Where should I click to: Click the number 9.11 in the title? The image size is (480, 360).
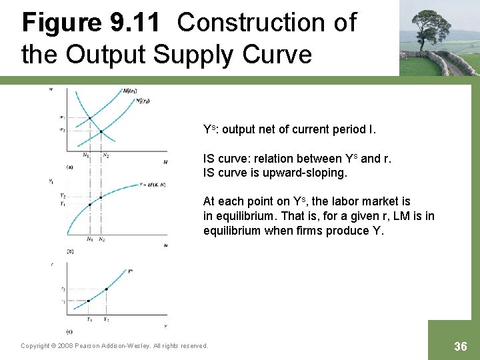(134, 23)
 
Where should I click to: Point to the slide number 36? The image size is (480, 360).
(460, 346)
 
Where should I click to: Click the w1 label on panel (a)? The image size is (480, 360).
(63, 119)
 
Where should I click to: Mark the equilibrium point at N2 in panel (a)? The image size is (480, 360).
(101, 131)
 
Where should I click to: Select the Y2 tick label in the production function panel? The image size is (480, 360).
(63, 196)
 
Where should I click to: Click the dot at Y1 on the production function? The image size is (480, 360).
(90, 204)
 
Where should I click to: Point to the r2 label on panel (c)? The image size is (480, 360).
(63, 289)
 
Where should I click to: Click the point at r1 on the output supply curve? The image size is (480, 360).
(90, 301)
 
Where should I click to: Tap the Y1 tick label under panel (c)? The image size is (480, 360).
(90, 319)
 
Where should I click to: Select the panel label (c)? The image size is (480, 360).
(69, 331)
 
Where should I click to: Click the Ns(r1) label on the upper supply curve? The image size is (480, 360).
(130, 91)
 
